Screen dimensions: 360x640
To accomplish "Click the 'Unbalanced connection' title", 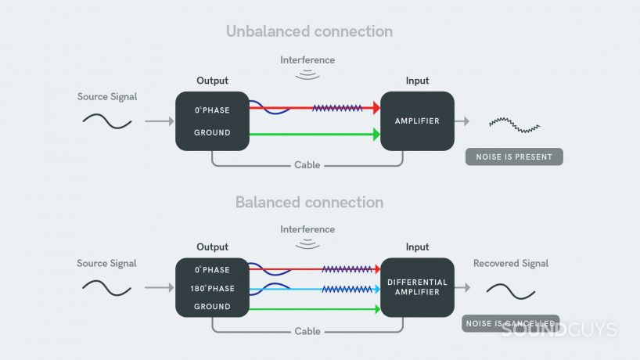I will point(309,32).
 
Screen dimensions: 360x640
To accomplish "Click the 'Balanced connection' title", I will point(309,203).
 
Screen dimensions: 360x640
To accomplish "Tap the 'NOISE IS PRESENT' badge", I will point(514,157).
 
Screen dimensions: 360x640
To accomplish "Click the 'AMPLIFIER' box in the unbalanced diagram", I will point(417,121).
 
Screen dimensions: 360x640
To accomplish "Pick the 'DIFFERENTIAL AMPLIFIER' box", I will point(417,287).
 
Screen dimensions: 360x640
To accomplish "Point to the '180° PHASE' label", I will point(212,289).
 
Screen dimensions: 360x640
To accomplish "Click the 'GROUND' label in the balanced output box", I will point(212,307).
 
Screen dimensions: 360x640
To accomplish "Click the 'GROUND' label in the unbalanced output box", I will point(212,133).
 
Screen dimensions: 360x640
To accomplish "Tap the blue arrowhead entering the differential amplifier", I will point(376,289).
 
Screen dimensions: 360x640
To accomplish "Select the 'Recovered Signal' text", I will point(511,264).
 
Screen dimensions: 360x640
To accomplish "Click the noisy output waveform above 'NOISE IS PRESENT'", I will point(514,124).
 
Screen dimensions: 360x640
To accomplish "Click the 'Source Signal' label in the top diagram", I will point(107,97).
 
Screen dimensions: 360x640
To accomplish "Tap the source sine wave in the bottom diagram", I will point(107,287).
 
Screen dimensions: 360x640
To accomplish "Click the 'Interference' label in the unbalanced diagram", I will point(307,60).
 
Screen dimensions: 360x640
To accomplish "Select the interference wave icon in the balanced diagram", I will point(307,244).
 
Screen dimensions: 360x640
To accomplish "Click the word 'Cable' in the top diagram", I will point(307,165).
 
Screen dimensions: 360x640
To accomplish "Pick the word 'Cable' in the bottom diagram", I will point(307,332).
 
